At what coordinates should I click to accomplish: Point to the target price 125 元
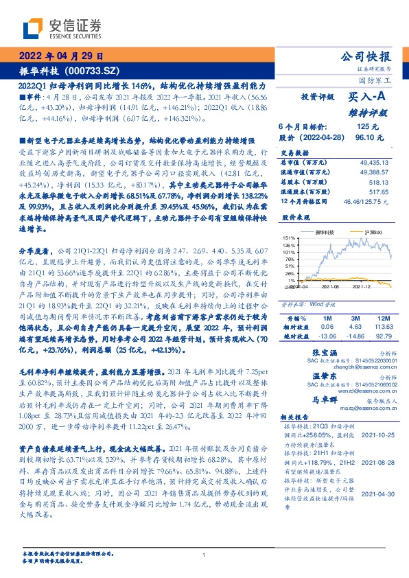(367, 127)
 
